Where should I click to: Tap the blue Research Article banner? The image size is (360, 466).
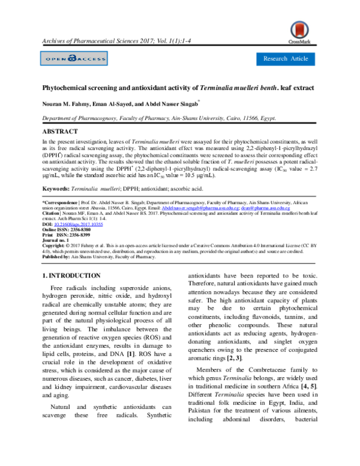[x=286, y=58]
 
